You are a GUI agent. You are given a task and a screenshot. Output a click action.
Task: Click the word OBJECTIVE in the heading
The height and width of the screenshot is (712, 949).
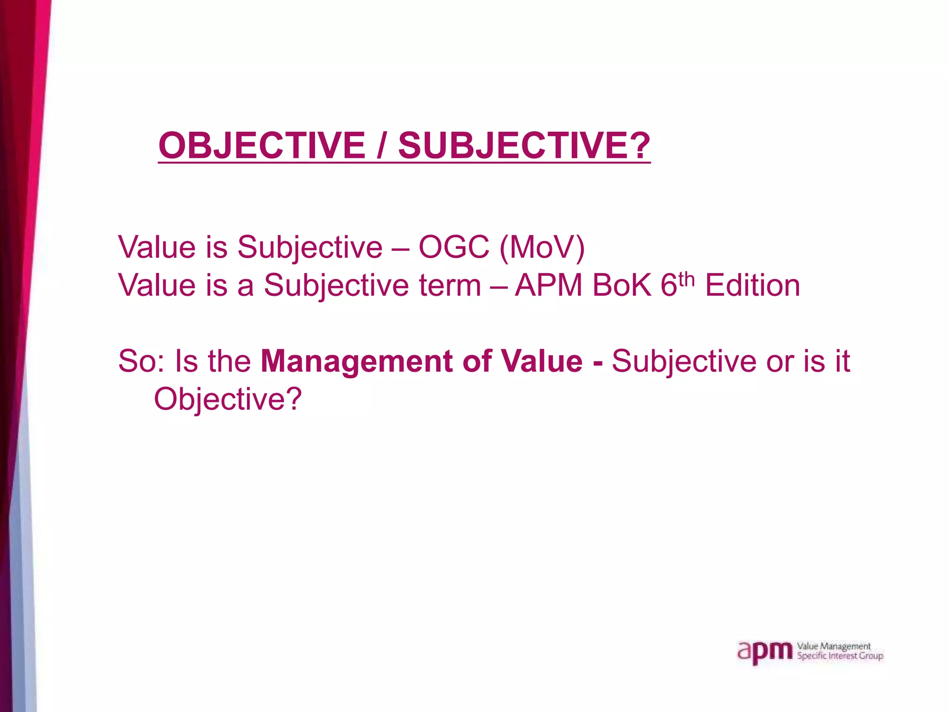point(262,146)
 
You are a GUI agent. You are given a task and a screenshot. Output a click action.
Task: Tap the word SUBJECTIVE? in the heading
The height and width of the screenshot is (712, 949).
point(524,146)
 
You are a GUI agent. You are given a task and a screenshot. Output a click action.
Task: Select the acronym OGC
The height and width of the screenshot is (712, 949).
point(454,247)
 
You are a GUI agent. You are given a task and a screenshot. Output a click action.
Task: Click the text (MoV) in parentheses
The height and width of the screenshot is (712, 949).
point(542,247)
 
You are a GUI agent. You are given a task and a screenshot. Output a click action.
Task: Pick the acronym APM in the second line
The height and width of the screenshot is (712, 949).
point(549,285)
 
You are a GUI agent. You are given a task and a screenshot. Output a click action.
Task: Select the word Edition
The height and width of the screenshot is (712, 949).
point(753,285)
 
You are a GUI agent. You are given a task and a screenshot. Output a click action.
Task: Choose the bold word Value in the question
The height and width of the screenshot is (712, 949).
point(542,361)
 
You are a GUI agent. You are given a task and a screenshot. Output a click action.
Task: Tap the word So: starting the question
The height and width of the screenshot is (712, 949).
point(141,361)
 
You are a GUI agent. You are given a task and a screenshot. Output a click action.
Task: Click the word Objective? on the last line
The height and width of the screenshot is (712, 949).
point(228,399)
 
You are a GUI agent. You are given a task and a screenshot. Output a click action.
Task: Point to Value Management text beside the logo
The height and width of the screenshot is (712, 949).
point(834,646)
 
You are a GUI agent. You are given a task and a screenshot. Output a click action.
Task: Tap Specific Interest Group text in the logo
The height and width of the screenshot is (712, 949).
point(840,656)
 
